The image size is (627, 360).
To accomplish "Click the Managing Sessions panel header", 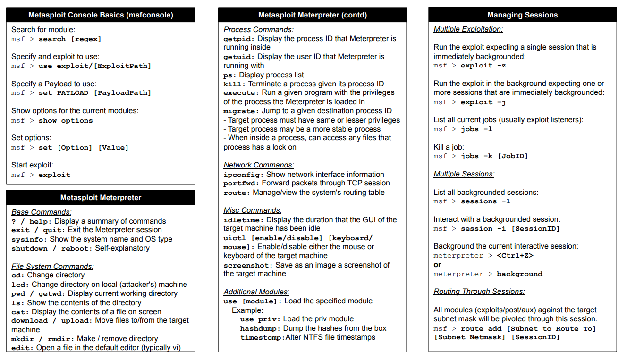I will click(x=522, y=15).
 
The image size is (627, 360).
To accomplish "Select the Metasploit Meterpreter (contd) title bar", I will click(x=312, y=15).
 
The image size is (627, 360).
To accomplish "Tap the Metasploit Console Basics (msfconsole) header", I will click(x=101, y=15).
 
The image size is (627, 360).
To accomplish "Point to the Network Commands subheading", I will click(x=259, y=165).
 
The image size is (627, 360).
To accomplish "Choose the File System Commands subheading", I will click(x=52, y=267).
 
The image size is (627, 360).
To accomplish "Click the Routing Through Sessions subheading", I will click(x=479, y=292).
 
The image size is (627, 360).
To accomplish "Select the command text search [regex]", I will click(x=70, y=39).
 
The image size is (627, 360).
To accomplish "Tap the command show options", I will click(x=66, y=121).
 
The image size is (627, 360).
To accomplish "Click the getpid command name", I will click(x=238, y=39).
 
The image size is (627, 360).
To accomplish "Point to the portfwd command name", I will click(x=241, y=184).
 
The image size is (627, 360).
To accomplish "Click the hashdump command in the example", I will click(x=260, y=328).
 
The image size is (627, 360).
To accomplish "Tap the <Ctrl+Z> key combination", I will click(x=515, y=256).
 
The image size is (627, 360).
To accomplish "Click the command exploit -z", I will click(x=483, y=66).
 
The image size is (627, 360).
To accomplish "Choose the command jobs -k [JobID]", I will click(x=494, y=156).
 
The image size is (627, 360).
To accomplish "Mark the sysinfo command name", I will click(x=29, y=239).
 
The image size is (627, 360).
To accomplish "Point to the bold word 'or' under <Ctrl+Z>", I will click(x=438, y=265).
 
